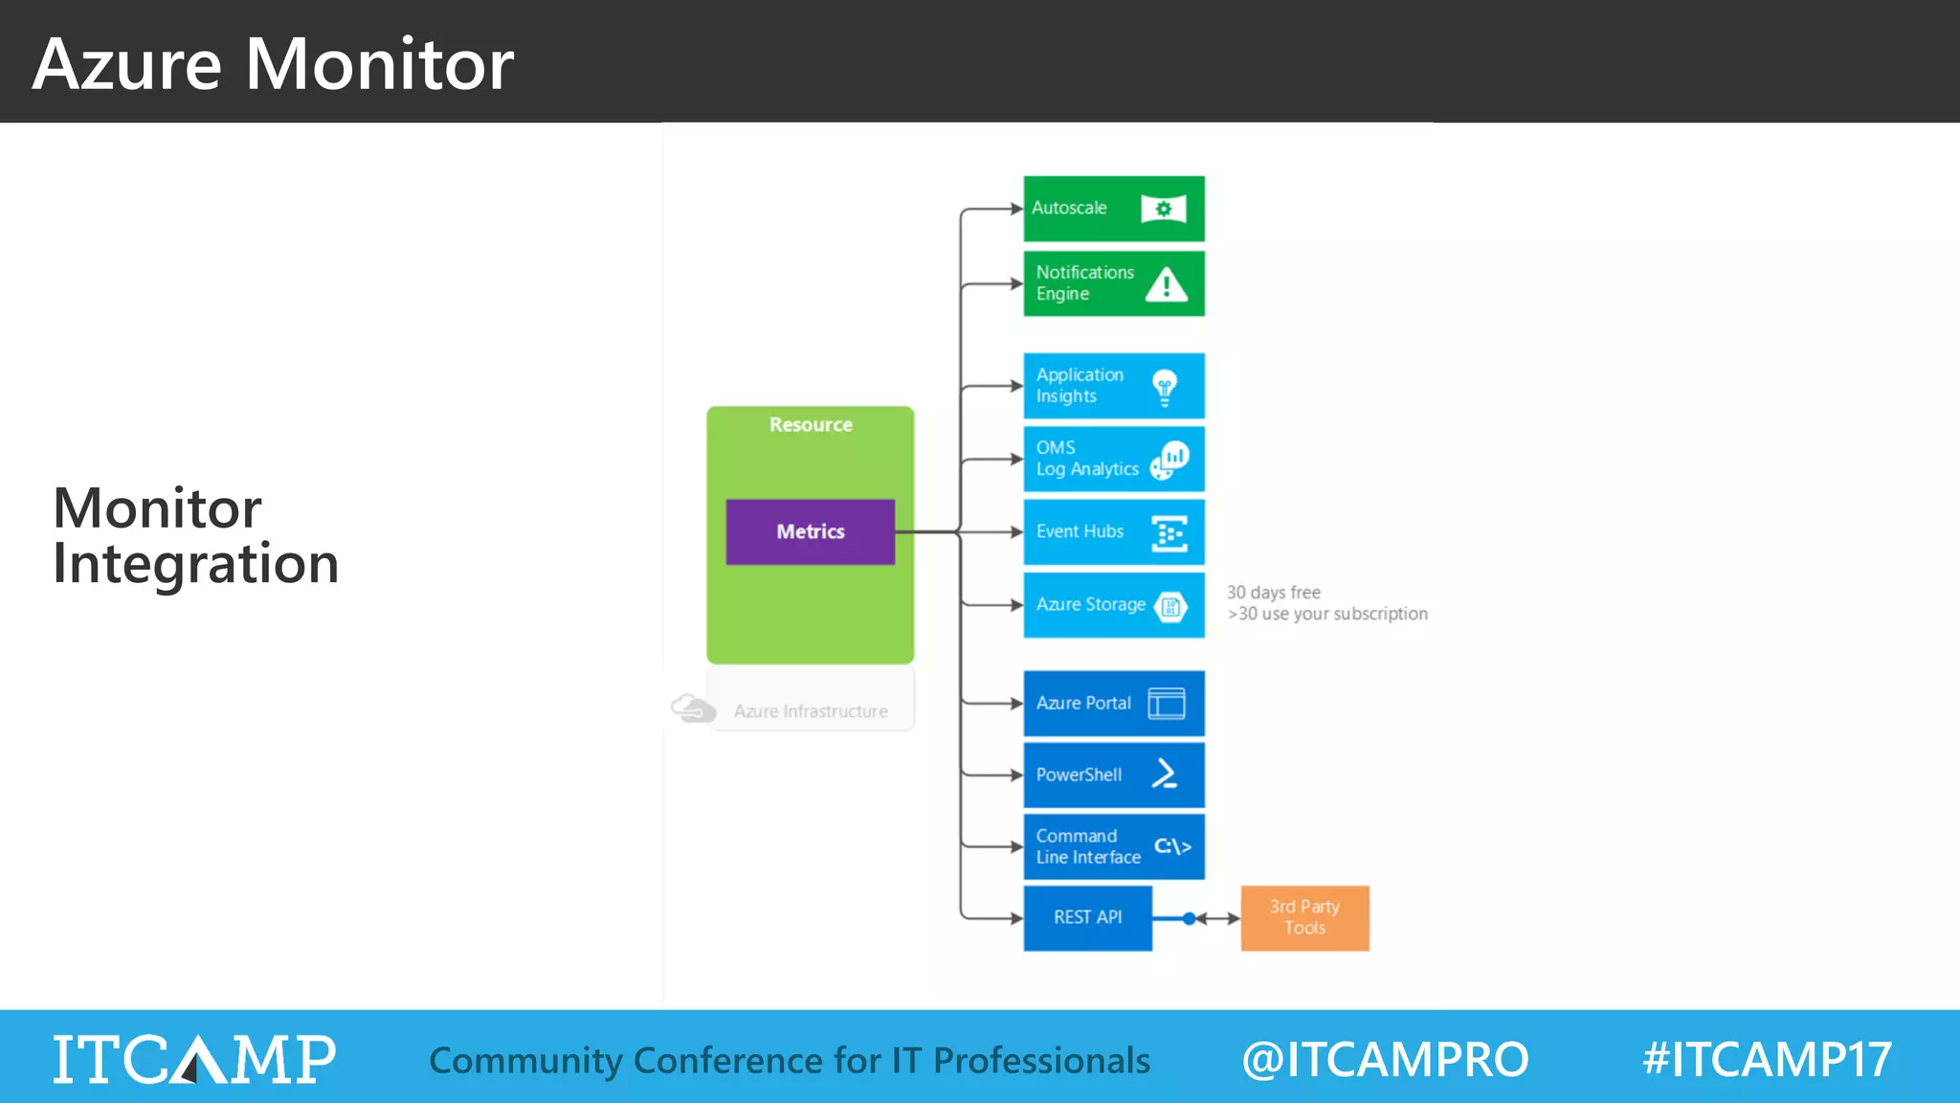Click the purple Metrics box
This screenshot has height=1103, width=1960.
(x=810, y=531)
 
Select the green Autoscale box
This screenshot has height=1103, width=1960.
(x=1113, y=209)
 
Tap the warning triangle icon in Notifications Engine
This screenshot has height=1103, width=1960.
(x=1166, y=284)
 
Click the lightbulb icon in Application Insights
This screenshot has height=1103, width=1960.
(x=1165, y=387)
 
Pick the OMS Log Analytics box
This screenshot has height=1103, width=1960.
(x=1113, y=460)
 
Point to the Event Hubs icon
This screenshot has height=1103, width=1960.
(x=1169, y=533)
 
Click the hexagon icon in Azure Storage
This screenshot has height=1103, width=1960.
(x=1170, y=606)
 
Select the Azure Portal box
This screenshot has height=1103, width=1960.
(x=1113, y=704)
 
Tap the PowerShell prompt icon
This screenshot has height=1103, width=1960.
(x=1165, y=775)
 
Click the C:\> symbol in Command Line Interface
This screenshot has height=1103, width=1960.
(x=1172, y=846)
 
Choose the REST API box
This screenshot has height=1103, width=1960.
(x=1087, y=918)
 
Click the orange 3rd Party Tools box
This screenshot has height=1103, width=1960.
(x=1304, y=918)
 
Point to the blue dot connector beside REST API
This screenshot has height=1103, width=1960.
(x=1189, y=919)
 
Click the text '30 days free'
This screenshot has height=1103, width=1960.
(x=1273, y=593)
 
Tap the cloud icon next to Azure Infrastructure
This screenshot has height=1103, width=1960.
(x=693, y=709)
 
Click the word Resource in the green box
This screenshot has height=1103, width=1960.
(x=811, y=425)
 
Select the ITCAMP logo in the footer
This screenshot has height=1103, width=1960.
(x=194, y=1060)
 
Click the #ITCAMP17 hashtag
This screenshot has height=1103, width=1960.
(x=1767, y=1060)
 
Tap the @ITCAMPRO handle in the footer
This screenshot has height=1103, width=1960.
(x=1385, y=1060)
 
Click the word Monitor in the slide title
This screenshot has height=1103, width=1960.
(x=379, y=65)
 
